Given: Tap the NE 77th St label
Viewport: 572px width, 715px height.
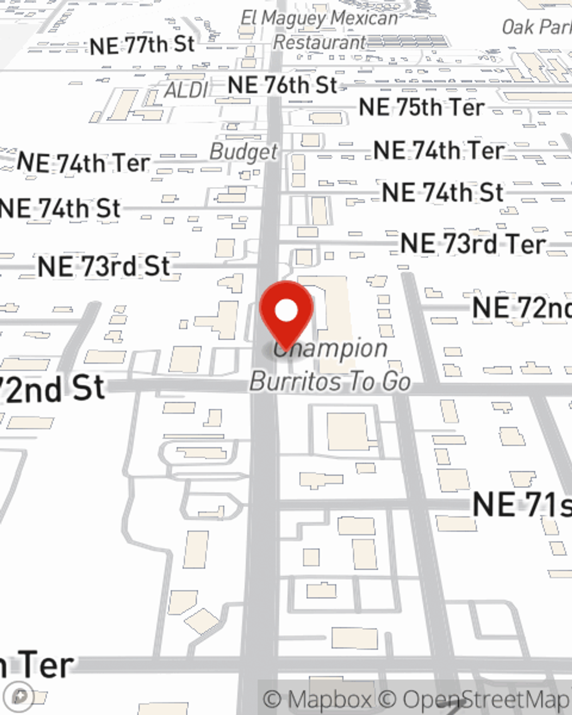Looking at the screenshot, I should click(142, 45).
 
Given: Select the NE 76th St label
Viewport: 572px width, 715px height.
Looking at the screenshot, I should click(283, 86).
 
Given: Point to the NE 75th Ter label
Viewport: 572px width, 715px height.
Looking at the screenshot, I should click(421, 108).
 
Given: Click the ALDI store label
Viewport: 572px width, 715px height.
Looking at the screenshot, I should click(186, 90).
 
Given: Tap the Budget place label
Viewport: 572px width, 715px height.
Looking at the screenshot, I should click(244, 152).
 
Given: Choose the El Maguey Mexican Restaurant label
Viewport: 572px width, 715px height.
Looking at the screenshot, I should click(319, 30).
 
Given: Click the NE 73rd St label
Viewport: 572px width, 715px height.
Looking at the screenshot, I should click(104, 267).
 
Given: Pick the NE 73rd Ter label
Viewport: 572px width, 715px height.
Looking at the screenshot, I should click(472, 244).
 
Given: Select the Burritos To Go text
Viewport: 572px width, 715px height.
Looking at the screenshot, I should click(331, 382).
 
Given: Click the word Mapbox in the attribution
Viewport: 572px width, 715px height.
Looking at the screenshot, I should click(330, 699).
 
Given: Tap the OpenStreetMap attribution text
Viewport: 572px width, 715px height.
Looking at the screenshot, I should click(486, 699).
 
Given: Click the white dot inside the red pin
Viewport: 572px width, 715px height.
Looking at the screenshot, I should click(287, 311).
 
